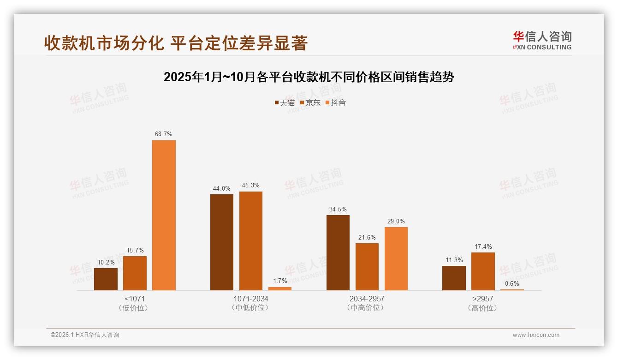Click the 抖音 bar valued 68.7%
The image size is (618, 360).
click(x=164, y=215)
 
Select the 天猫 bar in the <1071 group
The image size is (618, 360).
click(x=106, y=279)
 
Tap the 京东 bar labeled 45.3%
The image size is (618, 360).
click(x=251, y=241)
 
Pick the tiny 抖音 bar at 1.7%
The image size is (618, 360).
click(x=280, y=288)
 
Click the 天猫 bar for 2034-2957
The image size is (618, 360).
click(x=338, y=252)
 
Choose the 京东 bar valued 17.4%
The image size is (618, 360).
click(x=483, y=271)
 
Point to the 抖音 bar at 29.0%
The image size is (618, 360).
click(x=396, y=258)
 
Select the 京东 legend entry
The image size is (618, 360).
click(x=310, y=102)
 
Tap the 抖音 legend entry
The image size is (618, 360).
click(x=336, y=102)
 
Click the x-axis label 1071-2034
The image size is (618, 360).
click(x=251, y=299)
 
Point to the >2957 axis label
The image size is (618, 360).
click(x=483, y=299)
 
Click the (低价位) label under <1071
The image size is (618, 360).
click(x=135, y=308)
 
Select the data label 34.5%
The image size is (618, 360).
click(x=338, y=209)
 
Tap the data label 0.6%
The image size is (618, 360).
click(x=512, y=283)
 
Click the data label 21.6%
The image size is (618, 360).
click(x=367, y=237)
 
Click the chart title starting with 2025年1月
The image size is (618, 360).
click(x=309, y=77)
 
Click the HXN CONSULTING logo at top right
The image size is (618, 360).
click(x=542, y=40)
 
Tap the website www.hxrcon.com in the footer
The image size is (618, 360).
click(x=536, y=335)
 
